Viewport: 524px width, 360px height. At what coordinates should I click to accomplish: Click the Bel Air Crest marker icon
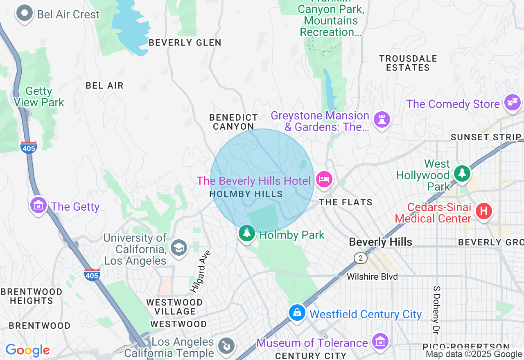tap(25, 13)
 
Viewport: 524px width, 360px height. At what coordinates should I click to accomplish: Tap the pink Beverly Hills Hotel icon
tap(324, 179)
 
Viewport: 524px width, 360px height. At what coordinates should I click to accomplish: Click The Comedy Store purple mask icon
tap(512, 102)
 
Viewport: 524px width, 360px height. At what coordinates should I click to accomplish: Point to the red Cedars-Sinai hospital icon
tap(483, 211)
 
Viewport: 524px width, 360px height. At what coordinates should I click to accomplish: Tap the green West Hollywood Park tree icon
tap(462, 173)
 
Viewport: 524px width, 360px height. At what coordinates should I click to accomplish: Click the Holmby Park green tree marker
tap(246, 233)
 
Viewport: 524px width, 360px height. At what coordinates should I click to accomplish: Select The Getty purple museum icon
tap(38, 205)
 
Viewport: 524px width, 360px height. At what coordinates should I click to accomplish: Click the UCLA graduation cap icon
tap(178, 248)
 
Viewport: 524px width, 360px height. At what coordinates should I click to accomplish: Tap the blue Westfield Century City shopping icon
tap(297, 313)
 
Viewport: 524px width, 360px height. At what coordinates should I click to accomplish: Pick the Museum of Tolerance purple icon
tap(380, 340)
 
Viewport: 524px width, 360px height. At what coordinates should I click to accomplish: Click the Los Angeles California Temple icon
tap(225, 345)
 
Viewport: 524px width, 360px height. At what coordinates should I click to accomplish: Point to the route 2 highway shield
tap(360, 258)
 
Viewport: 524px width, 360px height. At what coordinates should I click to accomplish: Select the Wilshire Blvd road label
tap(372, 277)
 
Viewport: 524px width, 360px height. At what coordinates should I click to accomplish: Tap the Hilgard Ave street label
tap(199, 271)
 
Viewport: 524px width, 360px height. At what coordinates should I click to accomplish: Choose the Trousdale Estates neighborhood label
tap(408, 63)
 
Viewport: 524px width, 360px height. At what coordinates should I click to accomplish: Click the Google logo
tap(27, 350)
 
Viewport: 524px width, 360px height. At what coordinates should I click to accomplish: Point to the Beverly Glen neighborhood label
tap(185, 43)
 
